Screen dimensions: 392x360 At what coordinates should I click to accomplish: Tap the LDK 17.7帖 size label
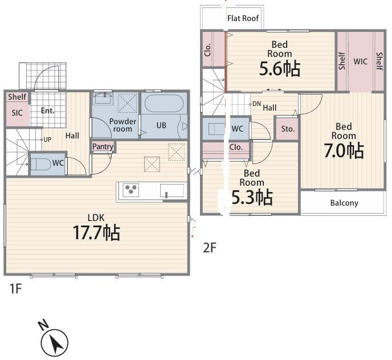tap(96, 232)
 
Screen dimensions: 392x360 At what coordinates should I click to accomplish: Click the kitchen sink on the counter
tap(172, 191)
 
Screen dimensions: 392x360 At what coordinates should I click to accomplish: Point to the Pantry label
tap(103, 146)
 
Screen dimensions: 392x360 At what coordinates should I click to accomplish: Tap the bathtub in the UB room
tap(164, 103)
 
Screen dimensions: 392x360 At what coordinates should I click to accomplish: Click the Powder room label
tap(122, 125)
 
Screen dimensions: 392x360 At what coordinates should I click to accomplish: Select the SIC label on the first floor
tap(17, 113)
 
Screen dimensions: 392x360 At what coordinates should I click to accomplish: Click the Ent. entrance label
tap(48, 111)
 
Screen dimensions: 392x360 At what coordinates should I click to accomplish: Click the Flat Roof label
tap(243, 18)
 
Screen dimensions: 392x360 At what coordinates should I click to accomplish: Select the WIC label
tap(360, 62)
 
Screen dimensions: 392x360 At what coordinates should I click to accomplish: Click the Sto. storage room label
tap(288, 129)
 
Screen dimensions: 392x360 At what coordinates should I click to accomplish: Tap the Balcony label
tap(344, 203)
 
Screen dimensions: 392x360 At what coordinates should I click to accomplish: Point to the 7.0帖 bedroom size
tap(344, 151)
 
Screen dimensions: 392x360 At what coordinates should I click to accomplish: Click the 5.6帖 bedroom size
tap(280, 69)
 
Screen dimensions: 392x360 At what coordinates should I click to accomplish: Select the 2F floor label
tap(210, 248)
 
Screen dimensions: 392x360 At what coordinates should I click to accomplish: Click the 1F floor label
tap(15, 289)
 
